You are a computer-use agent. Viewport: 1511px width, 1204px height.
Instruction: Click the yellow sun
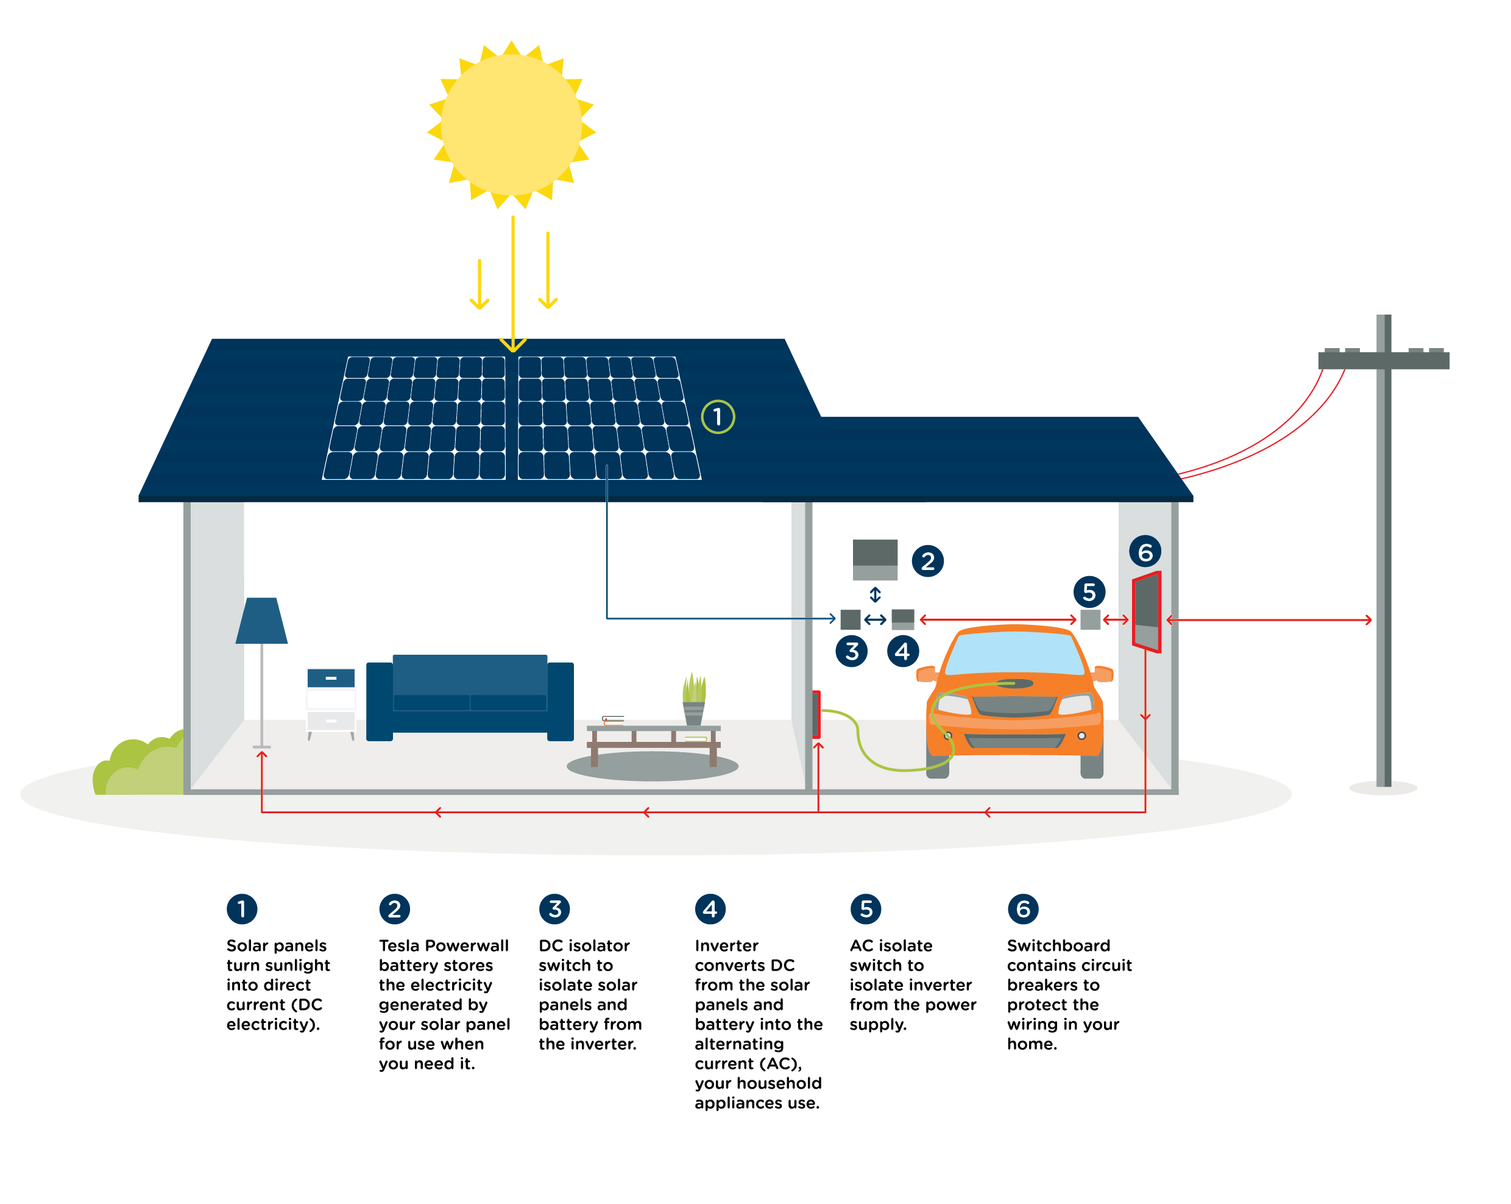[511, 125]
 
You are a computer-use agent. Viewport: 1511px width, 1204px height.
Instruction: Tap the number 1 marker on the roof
[718, 417]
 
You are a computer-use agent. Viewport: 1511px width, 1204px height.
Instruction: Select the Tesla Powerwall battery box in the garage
[875, 560]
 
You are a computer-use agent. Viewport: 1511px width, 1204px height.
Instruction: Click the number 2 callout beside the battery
[927, 561]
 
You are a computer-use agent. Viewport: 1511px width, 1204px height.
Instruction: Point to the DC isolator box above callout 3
[850, 619]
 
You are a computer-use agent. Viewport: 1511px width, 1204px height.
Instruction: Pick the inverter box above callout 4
[903, 619]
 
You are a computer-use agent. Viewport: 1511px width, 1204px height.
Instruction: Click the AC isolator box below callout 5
[1090, 619]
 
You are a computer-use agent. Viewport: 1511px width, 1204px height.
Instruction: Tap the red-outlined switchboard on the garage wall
[1147, 611]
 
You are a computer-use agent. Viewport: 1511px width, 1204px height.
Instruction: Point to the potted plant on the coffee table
[694, 698]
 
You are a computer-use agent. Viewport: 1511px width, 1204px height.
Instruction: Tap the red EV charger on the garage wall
[816, 714]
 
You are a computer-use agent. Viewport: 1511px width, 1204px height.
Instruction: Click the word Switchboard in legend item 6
[1058, 946]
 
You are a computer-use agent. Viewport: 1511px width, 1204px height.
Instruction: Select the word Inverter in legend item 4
[726, 946]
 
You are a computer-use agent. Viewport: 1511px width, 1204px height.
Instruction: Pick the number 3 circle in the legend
[554, 909]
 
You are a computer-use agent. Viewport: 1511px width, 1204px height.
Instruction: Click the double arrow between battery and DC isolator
[875, 594]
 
